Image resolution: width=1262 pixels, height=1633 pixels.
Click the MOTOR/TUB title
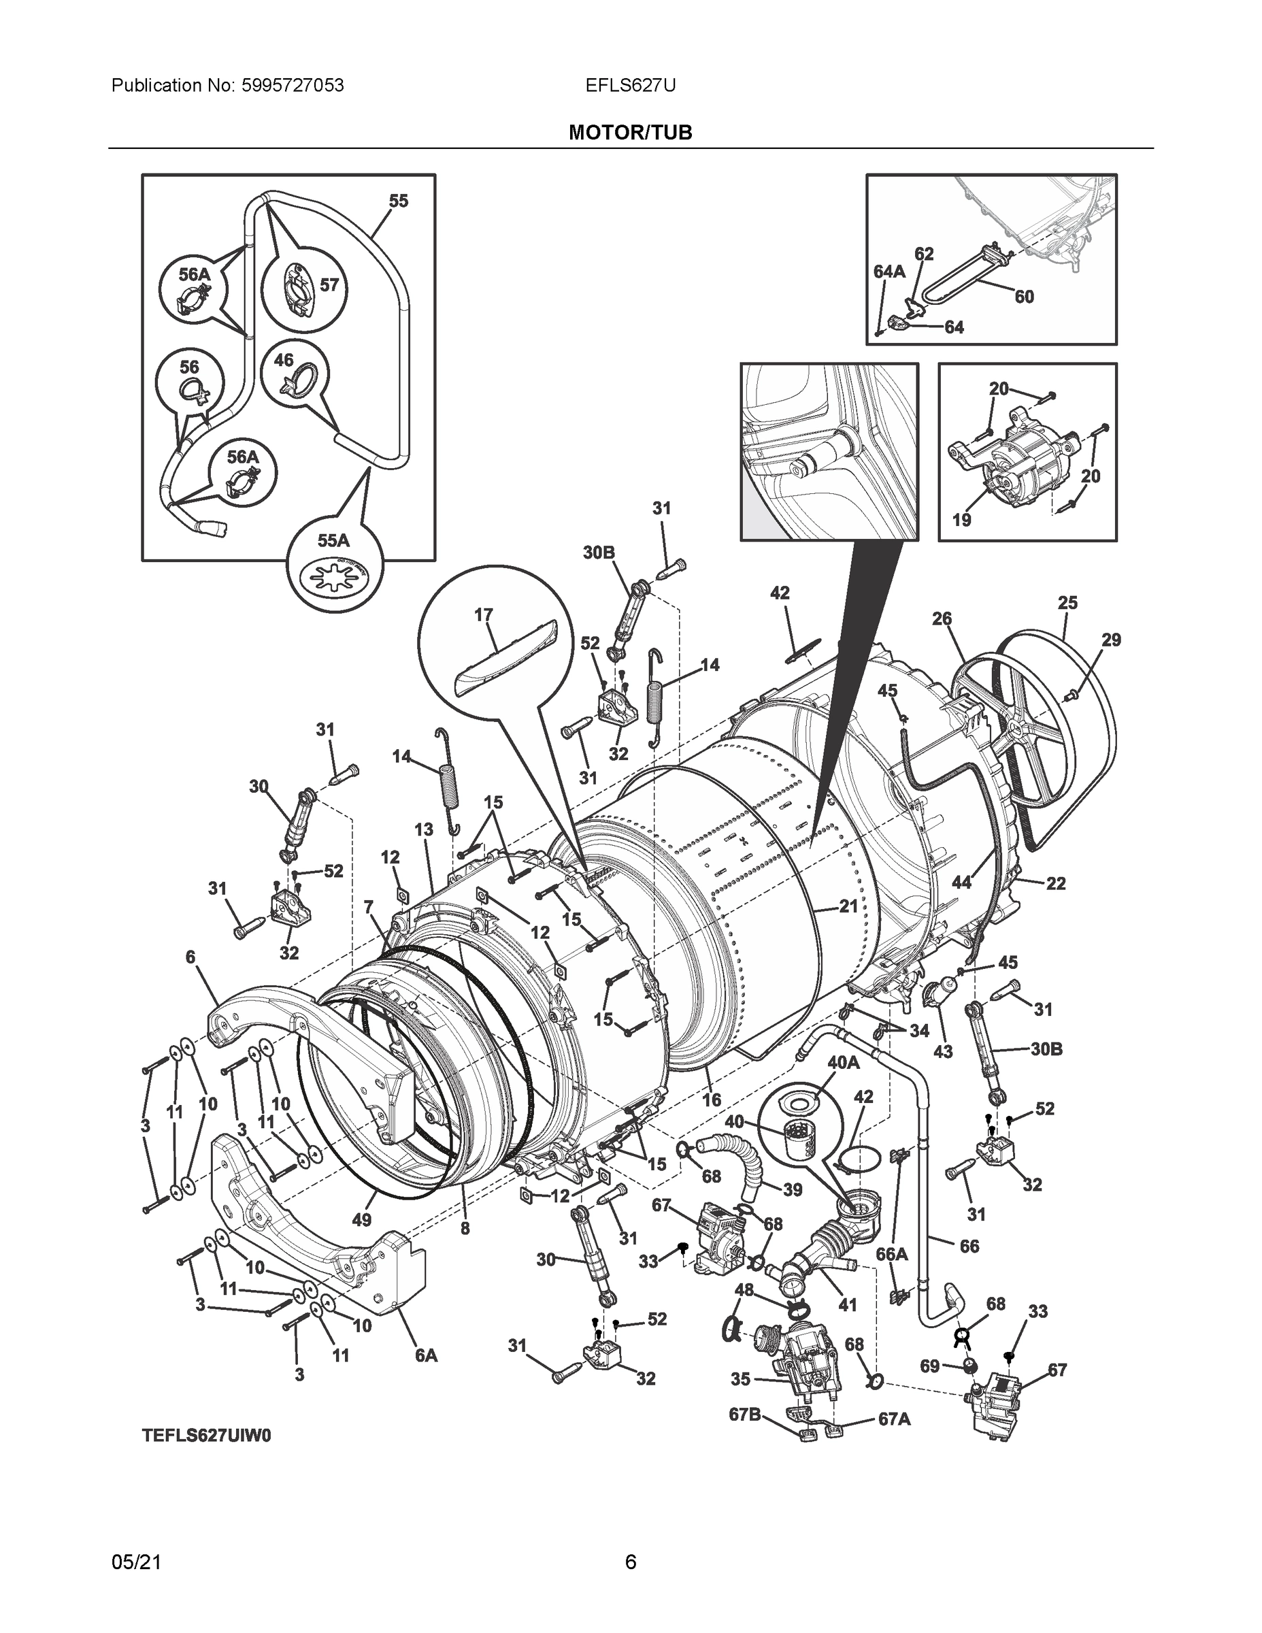click(x=629, y=133)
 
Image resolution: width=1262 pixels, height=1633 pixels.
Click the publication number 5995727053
click(x=293, y=85)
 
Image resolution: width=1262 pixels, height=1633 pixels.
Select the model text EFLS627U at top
click(x=630, y=85)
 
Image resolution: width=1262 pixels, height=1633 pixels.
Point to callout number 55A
click(x=333, y=540)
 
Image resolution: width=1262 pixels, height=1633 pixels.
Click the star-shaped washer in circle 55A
click(x=334, y=578)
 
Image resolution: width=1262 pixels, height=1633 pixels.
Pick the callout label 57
click(x=329, y=284)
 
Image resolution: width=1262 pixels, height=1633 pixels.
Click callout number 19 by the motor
click(x=961, y=519)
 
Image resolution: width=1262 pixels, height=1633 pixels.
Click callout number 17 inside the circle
click(x=483, y=614)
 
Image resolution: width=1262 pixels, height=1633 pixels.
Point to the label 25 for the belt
click(x=1067, y=602)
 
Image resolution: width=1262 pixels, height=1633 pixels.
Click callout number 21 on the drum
click(x=848, y=906)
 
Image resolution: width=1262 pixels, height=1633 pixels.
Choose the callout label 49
click(x=361, y=1219)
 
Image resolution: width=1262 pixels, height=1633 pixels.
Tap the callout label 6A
click(x=426, y=1354)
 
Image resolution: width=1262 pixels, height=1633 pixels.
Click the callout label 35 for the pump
click(x=740, y=1379)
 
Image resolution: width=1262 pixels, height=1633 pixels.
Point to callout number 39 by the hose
click(x=793, y=1189)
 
